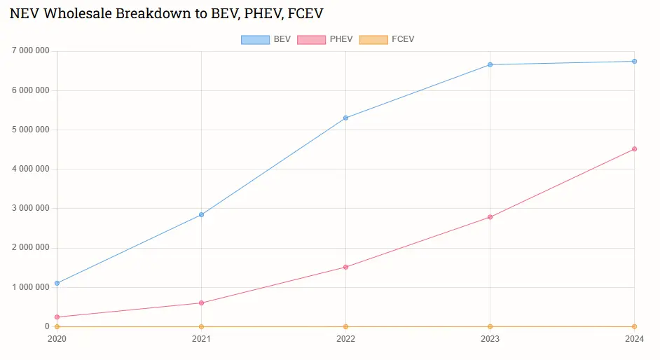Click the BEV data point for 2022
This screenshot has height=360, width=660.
point(345,118)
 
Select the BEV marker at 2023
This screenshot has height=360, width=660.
point(490,64)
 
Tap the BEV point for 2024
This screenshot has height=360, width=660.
point(634,61)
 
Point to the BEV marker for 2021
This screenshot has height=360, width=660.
point(201,214)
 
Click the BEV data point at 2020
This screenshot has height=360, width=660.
point(57,283)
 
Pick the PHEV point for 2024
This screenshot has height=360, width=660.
point(634,148)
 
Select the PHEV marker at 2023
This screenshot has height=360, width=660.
point(490,217)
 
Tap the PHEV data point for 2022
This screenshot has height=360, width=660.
point(345,267)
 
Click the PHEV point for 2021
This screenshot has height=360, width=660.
point(201,303)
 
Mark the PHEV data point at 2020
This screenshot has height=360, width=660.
point(57,317)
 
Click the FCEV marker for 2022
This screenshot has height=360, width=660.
point(345,326)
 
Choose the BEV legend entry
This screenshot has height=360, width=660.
point(266,39)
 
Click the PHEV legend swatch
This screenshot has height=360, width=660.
point(311,39)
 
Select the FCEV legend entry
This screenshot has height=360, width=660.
point(387,39)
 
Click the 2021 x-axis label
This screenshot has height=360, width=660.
point(201,339)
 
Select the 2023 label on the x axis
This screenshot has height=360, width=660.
point(490,339)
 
